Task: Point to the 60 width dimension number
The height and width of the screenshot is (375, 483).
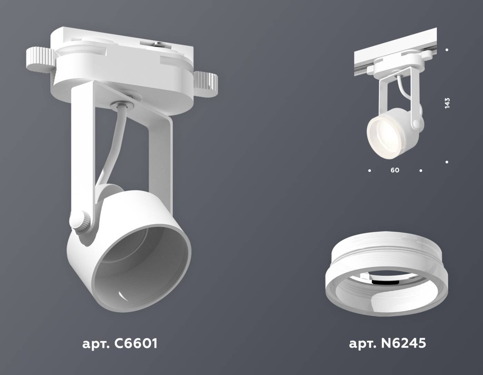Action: click(395, 170)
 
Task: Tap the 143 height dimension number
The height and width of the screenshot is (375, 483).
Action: click(447, 103)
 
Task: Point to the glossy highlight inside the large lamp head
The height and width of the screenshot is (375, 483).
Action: click(122, 295)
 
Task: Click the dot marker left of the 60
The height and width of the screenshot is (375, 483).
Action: click(369, 170)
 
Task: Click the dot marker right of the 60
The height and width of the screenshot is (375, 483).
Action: click(421, 170)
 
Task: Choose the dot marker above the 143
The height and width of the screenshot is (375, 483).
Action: click(447, 50)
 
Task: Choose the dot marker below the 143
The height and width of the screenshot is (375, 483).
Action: click(447, 162)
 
